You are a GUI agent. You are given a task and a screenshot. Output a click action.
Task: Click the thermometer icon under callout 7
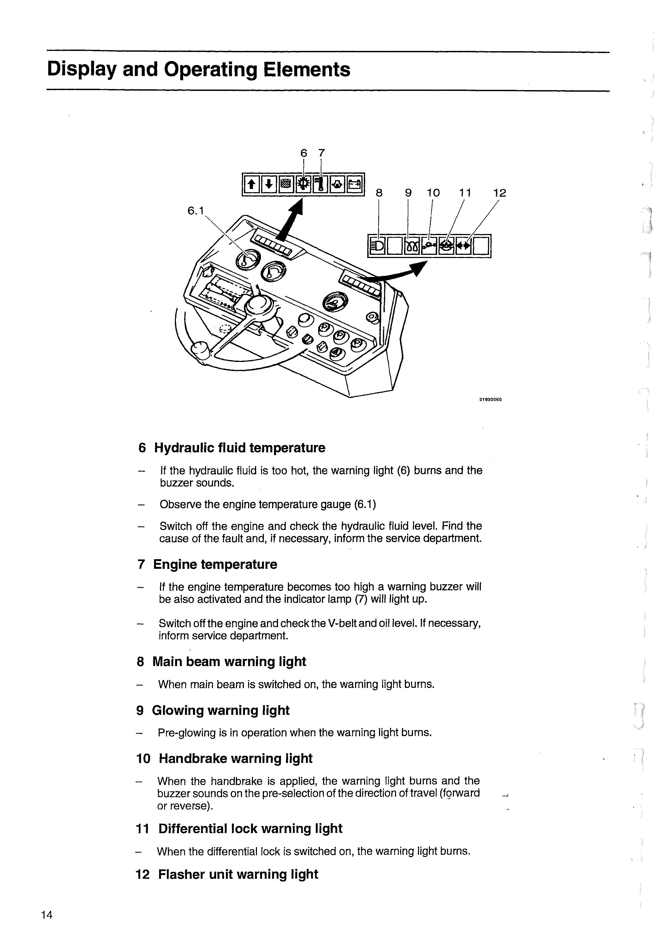321,184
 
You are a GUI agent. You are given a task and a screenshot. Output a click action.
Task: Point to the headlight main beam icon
377,246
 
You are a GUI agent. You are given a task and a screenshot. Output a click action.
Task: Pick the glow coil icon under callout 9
412,246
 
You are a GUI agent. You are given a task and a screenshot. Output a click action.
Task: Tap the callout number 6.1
195,211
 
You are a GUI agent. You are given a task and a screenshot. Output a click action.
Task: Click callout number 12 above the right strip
499,193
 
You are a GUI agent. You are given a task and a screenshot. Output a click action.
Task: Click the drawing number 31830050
490,400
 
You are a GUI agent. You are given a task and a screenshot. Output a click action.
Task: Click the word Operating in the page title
211,70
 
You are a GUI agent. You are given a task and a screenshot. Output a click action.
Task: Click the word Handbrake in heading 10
193,758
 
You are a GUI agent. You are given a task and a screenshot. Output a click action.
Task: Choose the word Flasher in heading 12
180,874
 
